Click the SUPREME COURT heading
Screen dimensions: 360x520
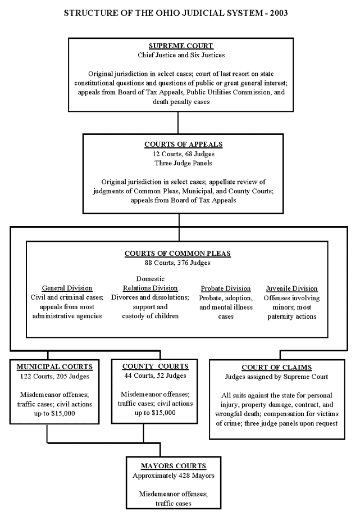(181, 46)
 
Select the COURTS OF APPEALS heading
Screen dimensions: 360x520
(183, 144)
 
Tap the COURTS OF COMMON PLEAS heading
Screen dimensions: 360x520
(177, 254)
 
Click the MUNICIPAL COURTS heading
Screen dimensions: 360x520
(54, 367)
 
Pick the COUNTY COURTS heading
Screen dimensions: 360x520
(156, 367)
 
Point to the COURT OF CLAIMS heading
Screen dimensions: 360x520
(276, 368)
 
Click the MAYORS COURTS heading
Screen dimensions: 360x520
(174, 466)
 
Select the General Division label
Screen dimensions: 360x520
(67, 288)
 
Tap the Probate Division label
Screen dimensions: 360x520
(226, 288)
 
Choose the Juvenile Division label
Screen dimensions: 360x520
(292, 288)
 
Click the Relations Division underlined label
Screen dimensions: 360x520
(151, 288)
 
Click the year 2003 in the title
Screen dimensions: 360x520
(279, 13)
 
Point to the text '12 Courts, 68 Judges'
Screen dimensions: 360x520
(183, 154)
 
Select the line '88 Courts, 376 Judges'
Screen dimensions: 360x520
(177, 263)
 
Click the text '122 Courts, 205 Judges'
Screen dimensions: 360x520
(54, 377)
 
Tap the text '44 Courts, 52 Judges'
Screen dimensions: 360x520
(156, 376)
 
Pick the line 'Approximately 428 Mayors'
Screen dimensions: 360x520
(174, 476)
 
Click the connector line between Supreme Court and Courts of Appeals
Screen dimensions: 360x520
(178, 123)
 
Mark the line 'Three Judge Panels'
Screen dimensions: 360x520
(183, 163)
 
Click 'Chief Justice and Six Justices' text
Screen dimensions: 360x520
(181, 55)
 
